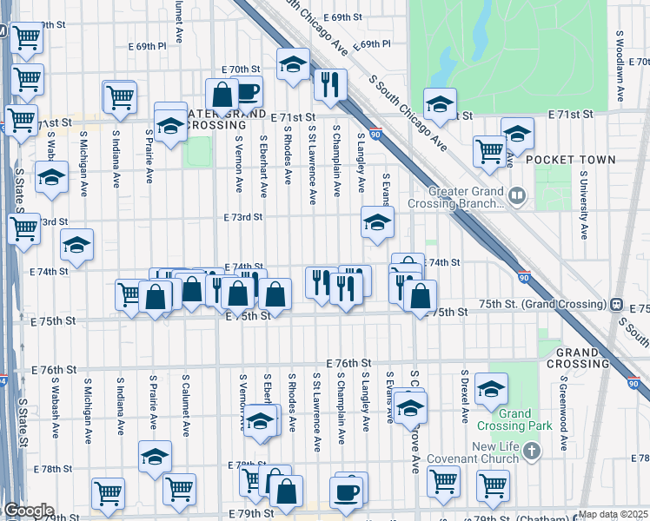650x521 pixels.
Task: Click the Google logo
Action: (28, 511)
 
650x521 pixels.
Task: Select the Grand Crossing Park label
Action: (514, 420)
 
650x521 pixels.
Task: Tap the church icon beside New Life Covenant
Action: (533, 452)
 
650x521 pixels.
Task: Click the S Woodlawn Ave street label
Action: (620, 69)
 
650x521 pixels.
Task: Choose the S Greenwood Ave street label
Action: (563, 412)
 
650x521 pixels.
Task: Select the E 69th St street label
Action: (342, 17)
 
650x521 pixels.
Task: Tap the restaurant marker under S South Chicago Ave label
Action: (329, 84)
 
